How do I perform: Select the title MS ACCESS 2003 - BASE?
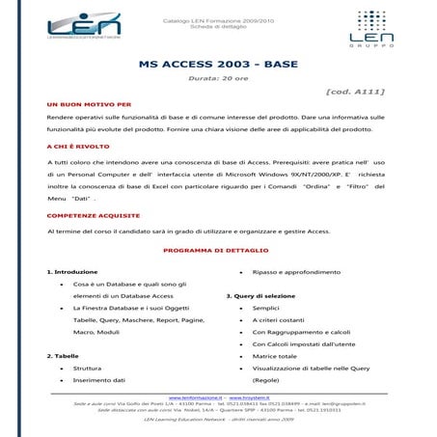217,64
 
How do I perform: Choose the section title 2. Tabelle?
63,356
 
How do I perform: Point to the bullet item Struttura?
87,369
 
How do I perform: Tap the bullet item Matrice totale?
274,356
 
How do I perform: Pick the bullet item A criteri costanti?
279,319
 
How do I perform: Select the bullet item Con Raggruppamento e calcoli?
300,332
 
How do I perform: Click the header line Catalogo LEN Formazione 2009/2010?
217,18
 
